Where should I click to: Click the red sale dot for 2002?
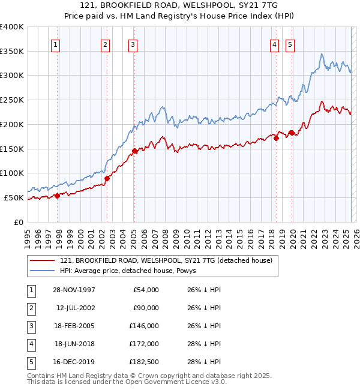(x=107, y=178)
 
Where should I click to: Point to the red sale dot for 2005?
(x=134, y=151)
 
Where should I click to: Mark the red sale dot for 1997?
(x=58, y=196)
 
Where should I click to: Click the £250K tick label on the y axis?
(x=11, y=100)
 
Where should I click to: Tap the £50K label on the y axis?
(x=14, y=197)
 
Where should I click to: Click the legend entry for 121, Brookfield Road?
(x=166, y=260)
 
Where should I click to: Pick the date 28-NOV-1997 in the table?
(x=74, y=290)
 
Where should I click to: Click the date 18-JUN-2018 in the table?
(x=74, y=344)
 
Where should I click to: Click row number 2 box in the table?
(x=31, y=308)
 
